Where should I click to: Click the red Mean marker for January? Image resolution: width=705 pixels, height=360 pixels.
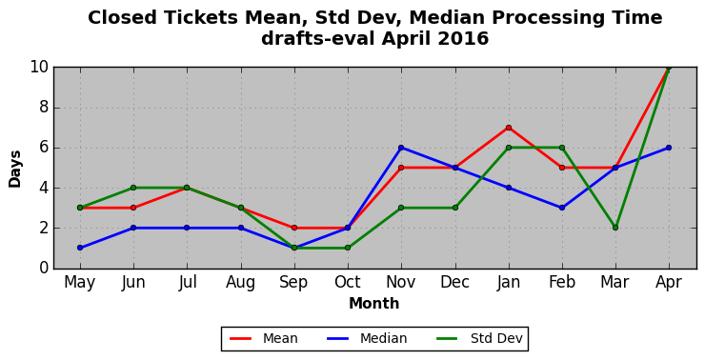(x=509, y=128)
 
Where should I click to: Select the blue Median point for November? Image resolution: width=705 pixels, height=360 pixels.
(x=401, y=148)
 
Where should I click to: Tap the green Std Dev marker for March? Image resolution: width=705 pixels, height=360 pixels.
(x=615, y=228)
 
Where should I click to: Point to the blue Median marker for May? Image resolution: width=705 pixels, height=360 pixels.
(x=80, y=248)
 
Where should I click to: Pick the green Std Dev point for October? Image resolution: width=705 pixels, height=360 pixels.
(x=348, y=248)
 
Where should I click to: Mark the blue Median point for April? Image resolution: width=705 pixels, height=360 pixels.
(x=669, y=148)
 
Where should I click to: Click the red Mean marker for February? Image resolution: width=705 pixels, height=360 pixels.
(x=562, y=168)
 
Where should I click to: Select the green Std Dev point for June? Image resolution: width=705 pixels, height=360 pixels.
(x=133, y=188)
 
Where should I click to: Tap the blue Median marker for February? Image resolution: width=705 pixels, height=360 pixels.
(x=562, y=208)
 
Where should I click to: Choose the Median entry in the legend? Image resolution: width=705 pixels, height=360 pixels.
(x=384, y=338)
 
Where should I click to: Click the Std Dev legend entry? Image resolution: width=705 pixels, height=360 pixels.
(x=496, y=338)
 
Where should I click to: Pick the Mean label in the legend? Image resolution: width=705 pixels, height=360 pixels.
(x=280, y=338)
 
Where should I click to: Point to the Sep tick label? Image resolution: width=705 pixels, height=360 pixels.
(x=294, y=283)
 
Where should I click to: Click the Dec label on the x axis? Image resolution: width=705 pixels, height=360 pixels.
(x=454, y=282)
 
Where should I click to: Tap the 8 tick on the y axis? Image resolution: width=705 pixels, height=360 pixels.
(x=43, y=108)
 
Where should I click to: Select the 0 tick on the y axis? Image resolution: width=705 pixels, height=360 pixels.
(x=43, y=268)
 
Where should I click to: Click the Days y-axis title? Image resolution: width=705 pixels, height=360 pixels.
(x=15, y=169)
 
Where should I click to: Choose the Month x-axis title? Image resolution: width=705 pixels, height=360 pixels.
(x=374, y=304)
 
